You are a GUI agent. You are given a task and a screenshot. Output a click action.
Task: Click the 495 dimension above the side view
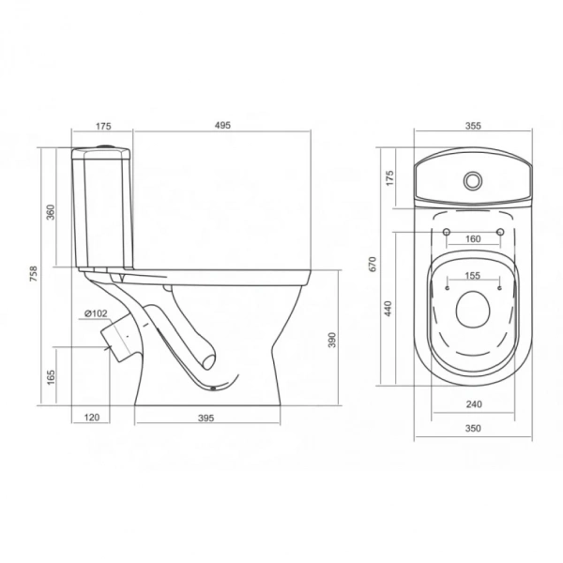pos(222,126)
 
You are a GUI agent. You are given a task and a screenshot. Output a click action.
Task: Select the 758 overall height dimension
pos(33,274)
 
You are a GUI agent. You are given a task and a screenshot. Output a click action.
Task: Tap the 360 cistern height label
pos(51,212)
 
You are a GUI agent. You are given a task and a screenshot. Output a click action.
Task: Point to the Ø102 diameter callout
pos(96,313)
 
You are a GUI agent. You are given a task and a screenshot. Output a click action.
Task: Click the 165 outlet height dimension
pos(51,377)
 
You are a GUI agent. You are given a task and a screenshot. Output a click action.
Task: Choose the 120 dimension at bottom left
pos(92,418)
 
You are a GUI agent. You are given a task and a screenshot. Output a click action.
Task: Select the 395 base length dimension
pos(206,418)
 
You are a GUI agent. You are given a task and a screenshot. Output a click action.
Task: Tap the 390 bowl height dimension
pos(332,340)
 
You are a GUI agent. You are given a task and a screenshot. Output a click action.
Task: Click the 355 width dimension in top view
pos(473,126)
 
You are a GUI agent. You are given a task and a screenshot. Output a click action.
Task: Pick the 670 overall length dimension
pos(373,265)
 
